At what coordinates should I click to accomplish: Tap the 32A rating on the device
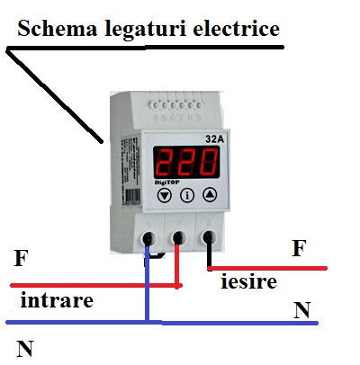pos(213,139)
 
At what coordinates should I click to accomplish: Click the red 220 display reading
pos(185,164)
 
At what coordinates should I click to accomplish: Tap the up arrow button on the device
pos(209,193)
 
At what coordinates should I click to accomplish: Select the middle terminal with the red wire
pos(178,237)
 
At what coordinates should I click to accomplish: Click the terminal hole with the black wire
pos(210,237)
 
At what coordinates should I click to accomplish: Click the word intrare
pos(56,300)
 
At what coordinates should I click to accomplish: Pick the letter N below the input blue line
pos(23,347)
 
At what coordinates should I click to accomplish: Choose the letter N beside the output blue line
pos(302,310)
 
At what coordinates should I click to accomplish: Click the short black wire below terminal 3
pos(209,257)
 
